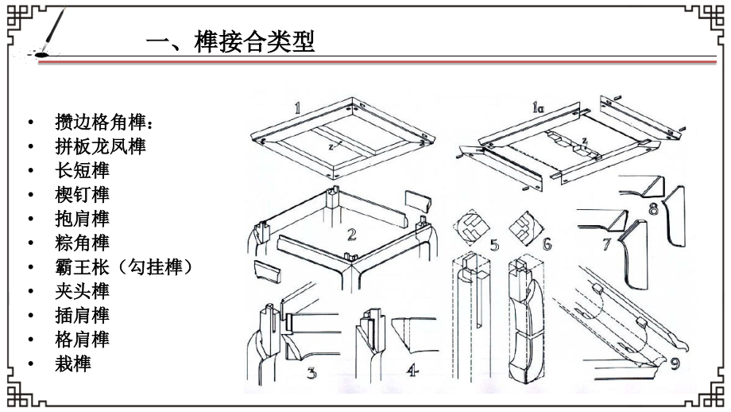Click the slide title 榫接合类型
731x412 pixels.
pos(254,41)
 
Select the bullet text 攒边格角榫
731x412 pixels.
pos(101,122)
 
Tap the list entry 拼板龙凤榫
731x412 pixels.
pos(101,146)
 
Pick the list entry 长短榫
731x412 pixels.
pos(83,170)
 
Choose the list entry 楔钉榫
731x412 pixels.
pos(83,195)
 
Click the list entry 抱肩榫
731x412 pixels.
pos(83,219)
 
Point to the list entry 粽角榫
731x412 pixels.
pos(83,243)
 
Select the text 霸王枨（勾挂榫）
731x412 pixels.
pos(124,267)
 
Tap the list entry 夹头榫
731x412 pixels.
pos(83,291)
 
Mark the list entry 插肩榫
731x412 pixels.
pos(83,316)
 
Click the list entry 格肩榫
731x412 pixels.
pos(83,339)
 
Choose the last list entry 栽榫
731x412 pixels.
pos(73,364)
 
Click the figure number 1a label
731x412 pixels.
pos(538,108)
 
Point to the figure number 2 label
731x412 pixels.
pos(351,234)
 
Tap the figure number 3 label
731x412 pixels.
pos(311,373)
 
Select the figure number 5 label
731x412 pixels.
pos(494,245)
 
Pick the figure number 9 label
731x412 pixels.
pos(675,363)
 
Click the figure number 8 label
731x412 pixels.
pos(653,208)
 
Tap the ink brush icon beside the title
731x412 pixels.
pos(48,33)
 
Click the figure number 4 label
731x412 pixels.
pos(412,371)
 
